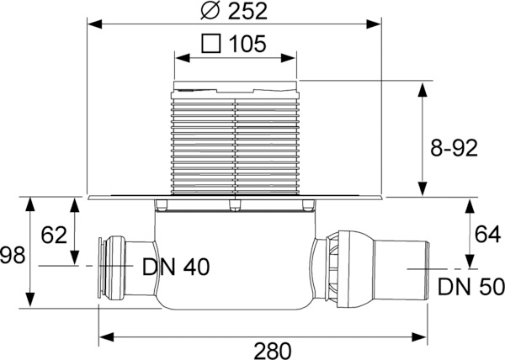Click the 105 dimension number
coord(249,43)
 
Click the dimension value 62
coord(53,236)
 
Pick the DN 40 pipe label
coord(176,267)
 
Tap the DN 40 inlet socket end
coord(106,267)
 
